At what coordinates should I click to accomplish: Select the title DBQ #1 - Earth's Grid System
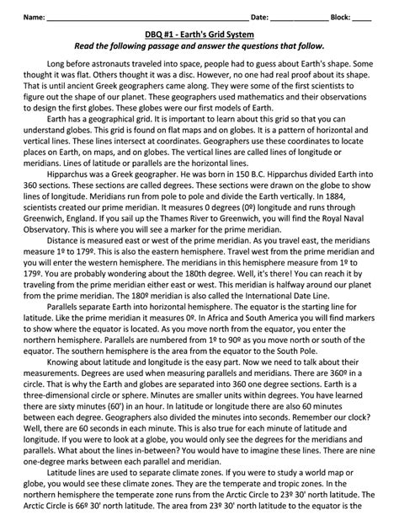[199, 33]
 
